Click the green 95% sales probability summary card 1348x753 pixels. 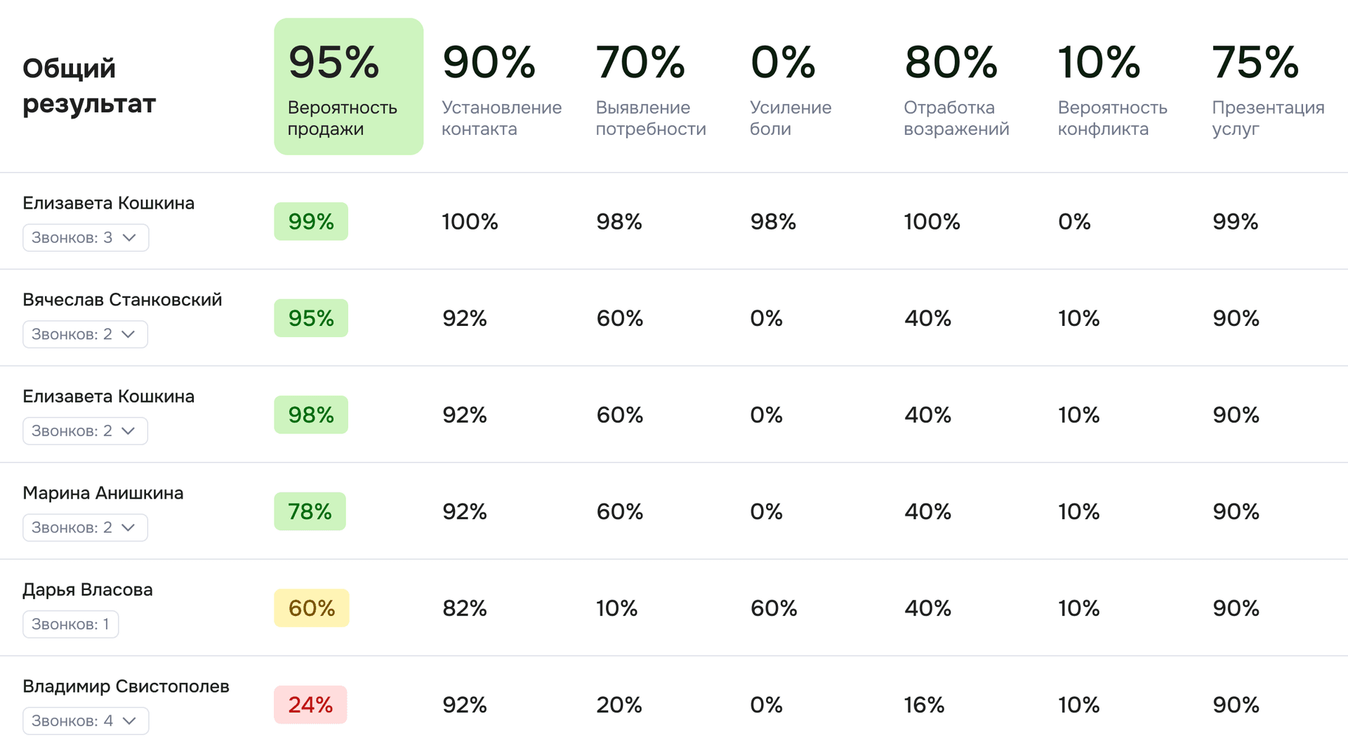348,86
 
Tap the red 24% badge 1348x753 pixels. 310,705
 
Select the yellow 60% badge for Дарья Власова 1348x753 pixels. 311,608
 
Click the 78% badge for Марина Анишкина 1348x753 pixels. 310,511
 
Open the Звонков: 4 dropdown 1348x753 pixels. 85,721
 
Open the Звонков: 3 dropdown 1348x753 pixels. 85,237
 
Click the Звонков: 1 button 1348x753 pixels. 70,624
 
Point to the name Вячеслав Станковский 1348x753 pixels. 122,300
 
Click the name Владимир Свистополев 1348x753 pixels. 126,686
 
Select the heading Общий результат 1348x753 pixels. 89,86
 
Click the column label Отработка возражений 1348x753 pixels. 956,118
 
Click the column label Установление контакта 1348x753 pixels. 501,118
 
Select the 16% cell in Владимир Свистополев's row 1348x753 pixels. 924,705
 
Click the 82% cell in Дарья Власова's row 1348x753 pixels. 464,608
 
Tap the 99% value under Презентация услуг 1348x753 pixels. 1235,222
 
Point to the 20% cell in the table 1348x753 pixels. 619,705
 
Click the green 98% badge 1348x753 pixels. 310,415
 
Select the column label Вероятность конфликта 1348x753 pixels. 1112,118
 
